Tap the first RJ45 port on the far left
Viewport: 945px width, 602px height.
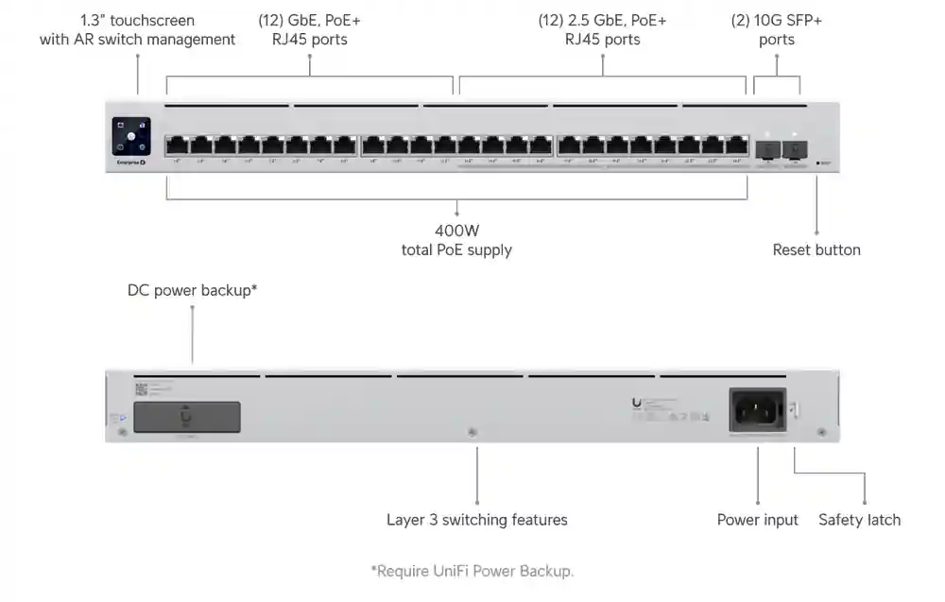[x=177, y=146]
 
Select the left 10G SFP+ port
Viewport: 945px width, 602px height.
[x=766, y=148]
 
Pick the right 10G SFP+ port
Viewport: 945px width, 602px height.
[x=796, y=148]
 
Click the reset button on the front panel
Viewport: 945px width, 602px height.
[x=817, y=163]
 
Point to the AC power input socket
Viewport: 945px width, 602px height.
[x=756, y=410]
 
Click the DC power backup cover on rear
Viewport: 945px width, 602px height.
[x=186, y=417]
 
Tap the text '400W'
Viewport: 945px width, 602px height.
[x=456, y=230]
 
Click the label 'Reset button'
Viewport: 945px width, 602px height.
[x=816, y=250]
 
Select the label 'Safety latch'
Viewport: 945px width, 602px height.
[x=859, y=520]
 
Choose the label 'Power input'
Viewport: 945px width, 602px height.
[x=757, y=520]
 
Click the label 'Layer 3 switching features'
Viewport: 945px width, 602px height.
[x=476, y=520]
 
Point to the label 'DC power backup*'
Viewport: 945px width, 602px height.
[x=192, y=290]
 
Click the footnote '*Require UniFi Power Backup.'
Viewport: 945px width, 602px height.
[x=472, y=571]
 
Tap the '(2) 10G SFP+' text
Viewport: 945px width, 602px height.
[x=776, y=20]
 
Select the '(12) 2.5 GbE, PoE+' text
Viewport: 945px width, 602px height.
[x=602, y=20]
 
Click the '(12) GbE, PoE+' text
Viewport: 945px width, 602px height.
[x=309, y=20]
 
